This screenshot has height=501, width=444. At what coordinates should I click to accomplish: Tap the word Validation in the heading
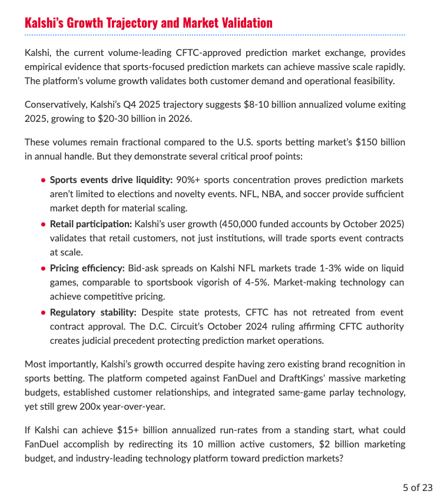(244, 23)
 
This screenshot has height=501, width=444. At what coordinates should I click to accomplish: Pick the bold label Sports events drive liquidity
(111, 180)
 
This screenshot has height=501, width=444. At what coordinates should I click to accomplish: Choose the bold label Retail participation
(91, 224)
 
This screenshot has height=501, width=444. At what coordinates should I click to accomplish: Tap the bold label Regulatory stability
(93, 313)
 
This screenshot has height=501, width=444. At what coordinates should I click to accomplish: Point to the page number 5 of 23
(418, 487)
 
